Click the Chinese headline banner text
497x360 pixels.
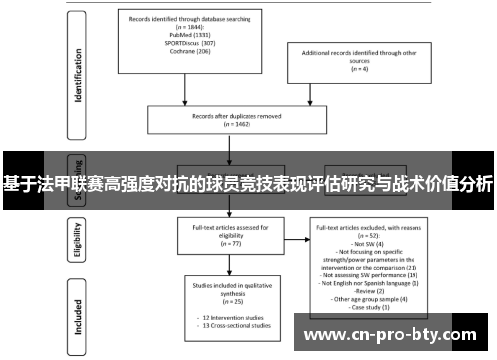point(248,184)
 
